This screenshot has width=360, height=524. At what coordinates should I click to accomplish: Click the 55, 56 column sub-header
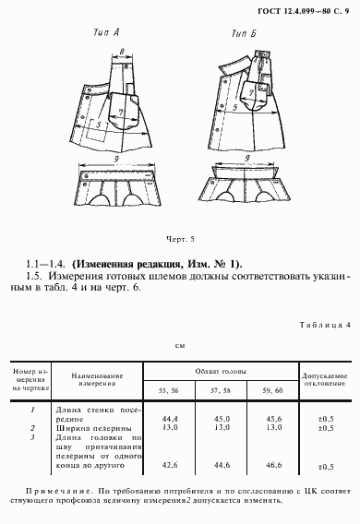click(x=169, y=390)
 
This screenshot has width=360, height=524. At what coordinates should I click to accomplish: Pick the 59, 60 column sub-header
click(x=275, y=390)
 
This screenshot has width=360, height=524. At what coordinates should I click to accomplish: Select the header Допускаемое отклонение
click(x=325, y=381)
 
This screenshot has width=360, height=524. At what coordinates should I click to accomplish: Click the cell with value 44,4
click(x=169, y=418)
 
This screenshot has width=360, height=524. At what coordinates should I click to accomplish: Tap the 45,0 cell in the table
click(x=222, y=418)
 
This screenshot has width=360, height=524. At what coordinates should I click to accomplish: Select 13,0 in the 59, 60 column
click(x=275, y=428)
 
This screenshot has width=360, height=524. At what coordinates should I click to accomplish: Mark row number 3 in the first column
click(x=32, y=437)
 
